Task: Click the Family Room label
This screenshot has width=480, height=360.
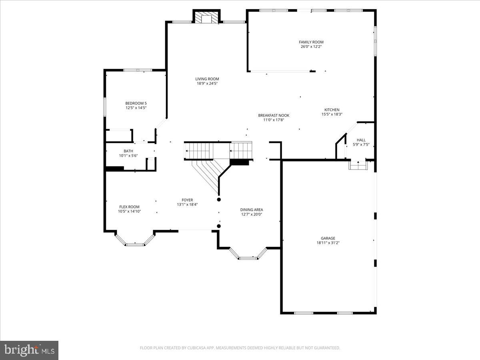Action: [311, 42]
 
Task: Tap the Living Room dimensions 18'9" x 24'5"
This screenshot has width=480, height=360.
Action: [207, 84]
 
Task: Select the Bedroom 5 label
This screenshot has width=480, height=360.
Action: [136, 103]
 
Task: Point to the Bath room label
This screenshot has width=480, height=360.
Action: [128, 151]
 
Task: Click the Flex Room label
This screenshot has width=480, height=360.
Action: [129, 207]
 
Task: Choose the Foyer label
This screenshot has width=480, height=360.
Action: [187, 200]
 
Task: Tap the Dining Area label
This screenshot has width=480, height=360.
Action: [252, 210]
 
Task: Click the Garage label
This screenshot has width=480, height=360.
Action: [328, 238]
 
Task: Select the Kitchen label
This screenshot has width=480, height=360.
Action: [332, 110]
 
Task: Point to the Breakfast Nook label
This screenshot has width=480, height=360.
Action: [274, 115]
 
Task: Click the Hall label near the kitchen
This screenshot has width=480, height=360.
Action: [361, 140]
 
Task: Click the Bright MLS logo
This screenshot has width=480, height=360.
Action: [29, 350]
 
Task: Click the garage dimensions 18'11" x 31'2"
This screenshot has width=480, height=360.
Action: [328, 243]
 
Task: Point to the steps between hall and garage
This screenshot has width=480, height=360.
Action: [357, 165]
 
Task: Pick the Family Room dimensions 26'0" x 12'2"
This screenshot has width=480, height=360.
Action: [311, 47]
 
